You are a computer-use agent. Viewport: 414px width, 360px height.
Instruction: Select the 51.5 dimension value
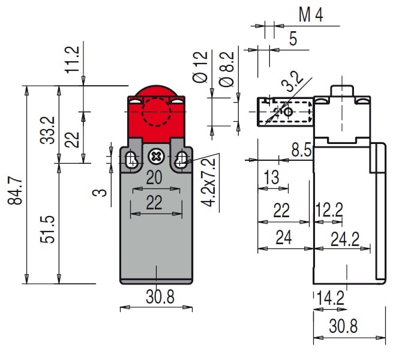click(49, 228)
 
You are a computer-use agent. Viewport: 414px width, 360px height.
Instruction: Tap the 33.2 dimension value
click(49, 130)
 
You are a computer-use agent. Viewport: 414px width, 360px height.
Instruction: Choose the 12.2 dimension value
click(329, 209)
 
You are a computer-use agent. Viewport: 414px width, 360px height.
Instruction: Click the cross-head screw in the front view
click(156, 157)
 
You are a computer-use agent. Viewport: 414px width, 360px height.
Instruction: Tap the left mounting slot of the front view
click(131, 158)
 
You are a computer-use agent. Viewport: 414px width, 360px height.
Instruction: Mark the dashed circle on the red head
click(156, 114)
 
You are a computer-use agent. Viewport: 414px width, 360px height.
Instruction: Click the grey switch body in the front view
click(156, 228)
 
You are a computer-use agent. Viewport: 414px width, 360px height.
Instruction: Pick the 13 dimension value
click(271, 177)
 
